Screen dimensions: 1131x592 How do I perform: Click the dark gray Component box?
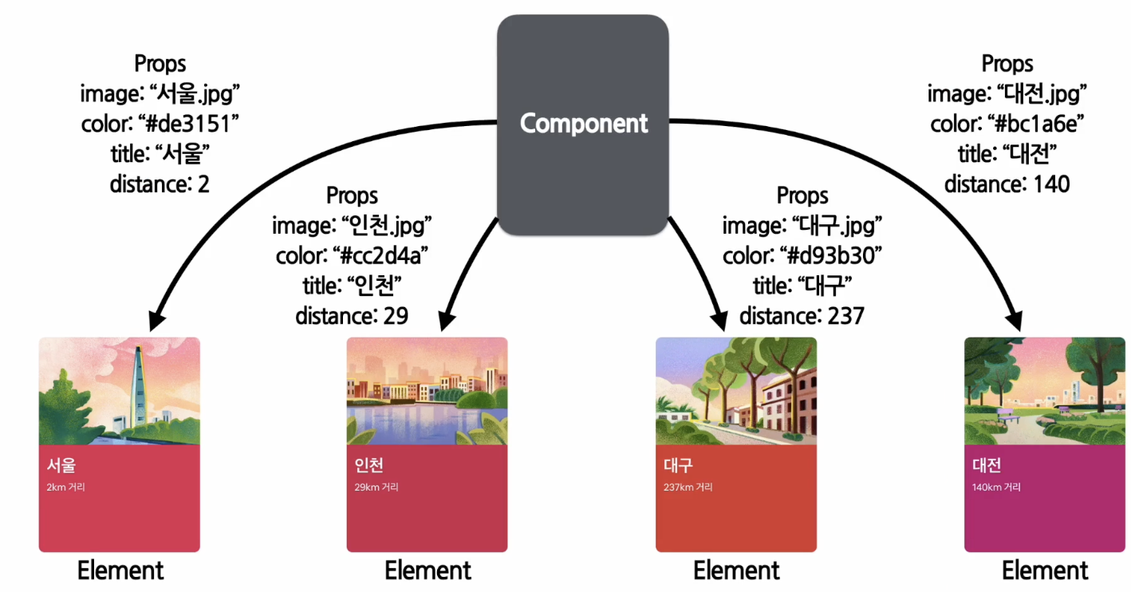583,124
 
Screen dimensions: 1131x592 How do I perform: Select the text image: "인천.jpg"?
352,226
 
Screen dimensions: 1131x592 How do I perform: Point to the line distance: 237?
802,316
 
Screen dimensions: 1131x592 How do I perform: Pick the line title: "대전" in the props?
1007,154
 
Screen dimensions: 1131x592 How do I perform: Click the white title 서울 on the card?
61,465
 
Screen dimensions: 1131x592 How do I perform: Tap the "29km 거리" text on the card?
376,487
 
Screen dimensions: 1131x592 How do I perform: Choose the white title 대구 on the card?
678,465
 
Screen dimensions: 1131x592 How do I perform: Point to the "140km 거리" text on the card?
996,487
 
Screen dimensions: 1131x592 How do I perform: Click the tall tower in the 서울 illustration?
139,383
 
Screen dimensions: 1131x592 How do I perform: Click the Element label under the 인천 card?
428,571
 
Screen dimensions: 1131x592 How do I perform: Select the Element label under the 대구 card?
736,571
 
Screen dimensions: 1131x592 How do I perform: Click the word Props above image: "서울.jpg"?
160,64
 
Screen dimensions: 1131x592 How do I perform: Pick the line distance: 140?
1007,184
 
